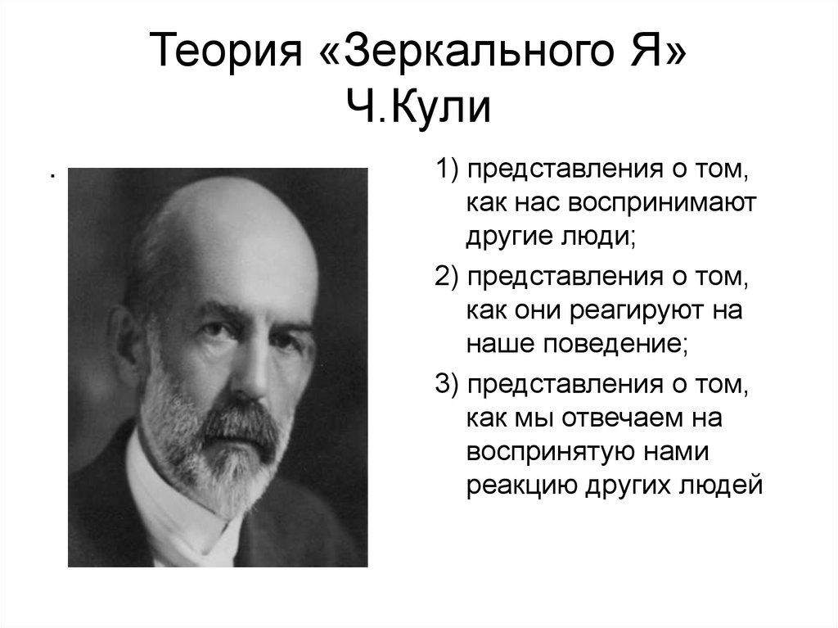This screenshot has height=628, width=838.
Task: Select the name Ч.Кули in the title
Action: (419, 107)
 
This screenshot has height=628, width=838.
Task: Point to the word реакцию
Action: (520, 485)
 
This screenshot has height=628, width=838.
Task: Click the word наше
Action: (498, 343)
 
